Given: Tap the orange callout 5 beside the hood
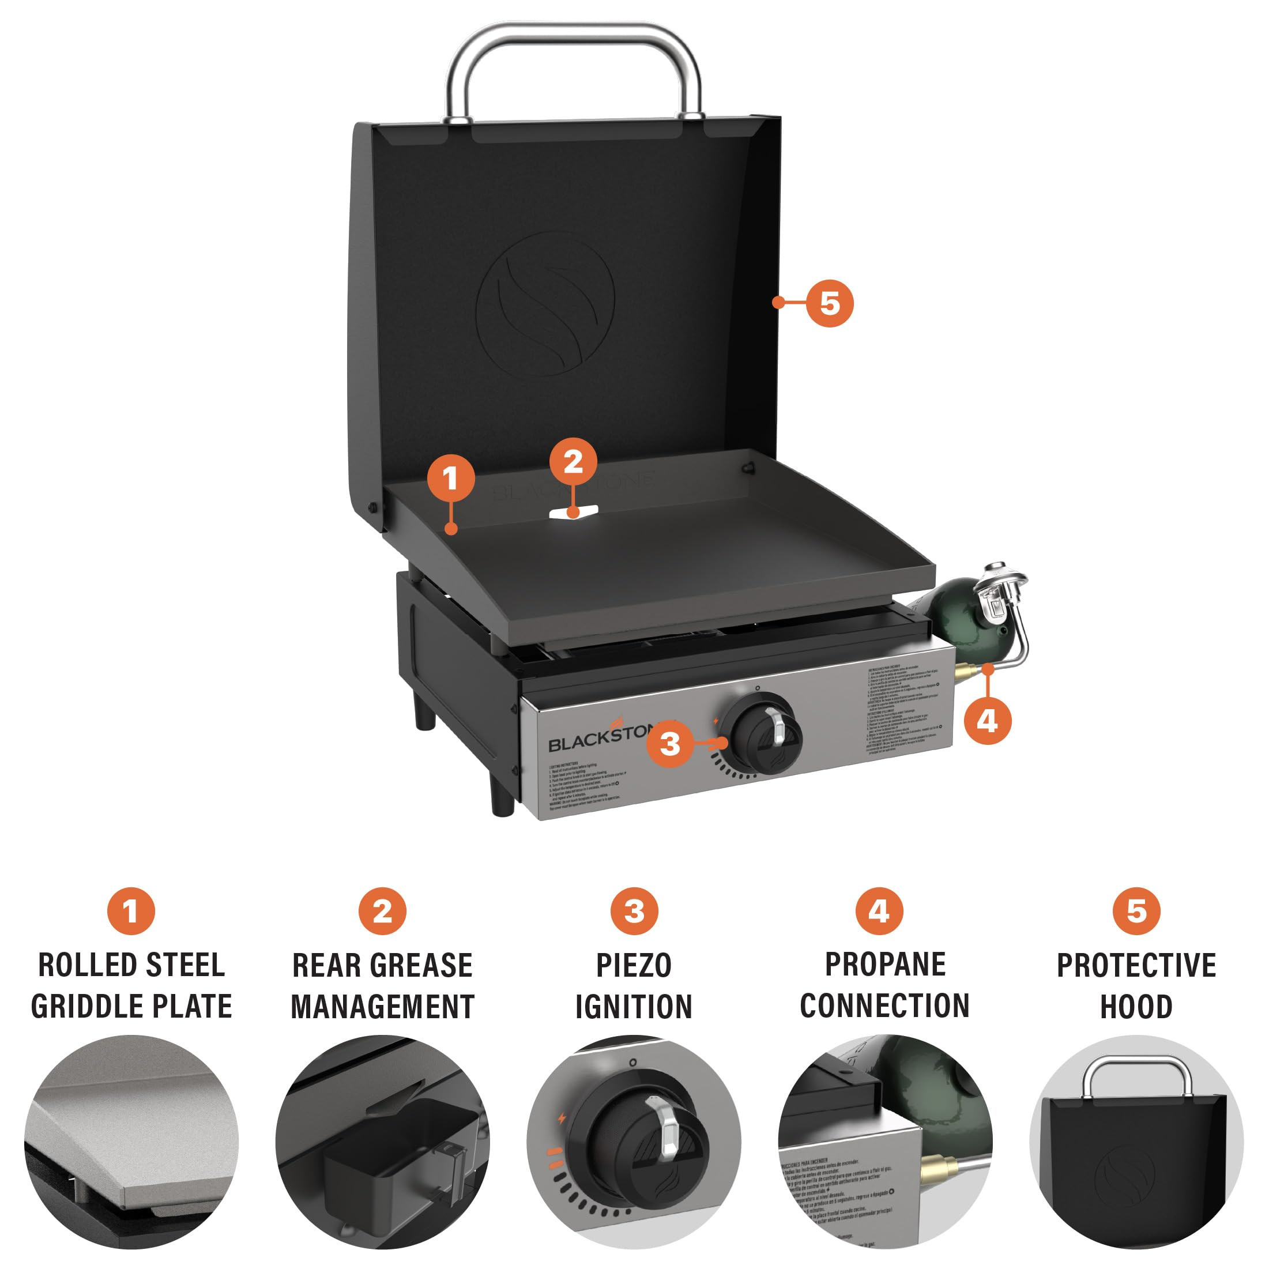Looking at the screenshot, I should pyautogui.click(x=830, y=303).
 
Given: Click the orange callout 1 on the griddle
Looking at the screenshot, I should pyautogui.click(x=451, y=478).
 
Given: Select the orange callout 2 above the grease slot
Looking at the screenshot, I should pyautogui.click(x=573, y=461).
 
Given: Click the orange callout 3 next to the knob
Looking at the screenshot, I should pyautogui.click(x=669, y=744).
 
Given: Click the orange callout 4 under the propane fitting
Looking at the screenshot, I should pyautogui.click(x=987, y=721).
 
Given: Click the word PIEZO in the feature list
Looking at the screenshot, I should pyautogui.click(x=633, y=966).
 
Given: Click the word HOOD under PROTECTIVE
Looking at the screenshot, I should pyautogui.click(x=1136, y=1007).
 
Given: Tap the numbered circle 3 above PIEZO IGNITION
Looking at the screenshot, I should pyautogui.click(x=634, y=911).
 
